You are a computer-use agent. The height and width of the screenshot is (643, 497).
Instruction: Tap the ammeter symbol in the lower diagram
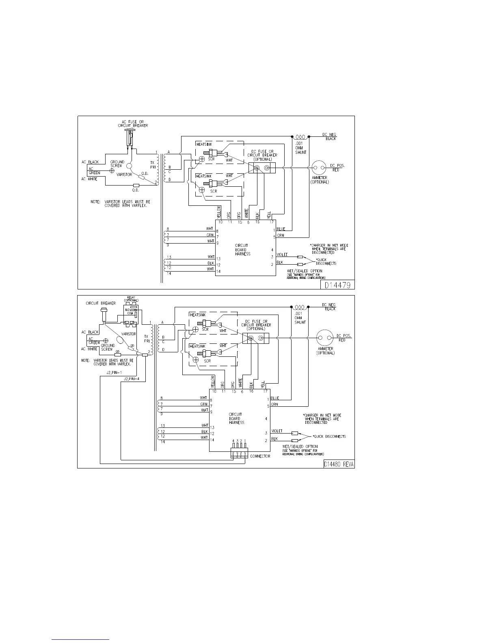tap(326, 338)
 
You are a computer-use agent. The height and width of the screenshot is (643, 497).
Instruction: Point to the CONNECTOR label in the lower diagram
tap(260, 456)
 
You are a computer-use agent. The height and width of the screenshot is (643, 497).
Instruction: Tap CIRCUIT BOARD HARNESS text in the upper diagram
tap(242, 250)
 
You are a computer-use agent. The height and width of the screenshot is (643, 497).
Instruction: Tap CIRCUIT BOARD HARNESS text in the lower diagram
tap(236, 419)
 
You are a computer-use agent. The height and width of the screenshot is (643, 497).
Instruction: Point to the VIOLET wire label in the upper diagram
tap(282, 255)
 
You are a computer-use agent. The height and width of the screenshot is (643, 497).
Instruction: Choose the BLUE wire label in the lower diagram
tap(274, 398)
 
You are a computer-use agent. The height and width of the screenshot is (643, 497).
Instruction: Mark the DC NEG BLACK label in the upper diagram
tap(329, 136)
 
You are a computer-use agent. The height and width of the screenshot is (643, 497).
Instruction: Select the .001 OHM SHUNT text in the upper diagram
tap(300, 148)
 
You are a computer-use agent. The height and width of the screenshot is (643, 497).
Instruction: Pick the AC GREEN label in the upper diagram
tap(94, 171)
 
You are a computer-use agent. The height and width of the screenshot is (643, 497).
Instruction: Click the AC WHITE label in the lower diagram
tap(89, 349)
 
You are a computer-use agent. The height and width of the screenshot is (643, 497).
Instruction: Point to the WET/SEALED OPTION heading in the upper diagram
tap(305, 271)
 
